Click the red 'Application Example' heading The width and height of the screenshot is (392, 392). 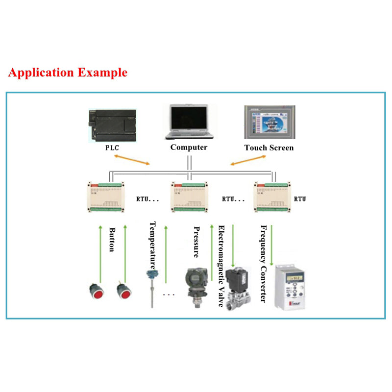[x=68, y=73]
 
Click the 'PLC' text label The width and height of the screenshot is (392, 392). [x=112, y=147]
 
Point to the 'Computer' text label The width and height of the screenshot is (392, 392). [x=189, y=147]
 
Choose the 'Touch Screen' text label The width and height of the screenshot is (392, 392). [x=269, y=147]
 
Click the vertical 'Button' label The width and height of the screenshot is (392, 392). [x=112, y=240]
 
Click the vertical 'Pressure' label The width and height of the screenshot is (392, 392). [x=196, y=242]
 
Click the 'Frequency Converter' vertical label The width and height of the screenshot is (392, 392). [x=264, y=264]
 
